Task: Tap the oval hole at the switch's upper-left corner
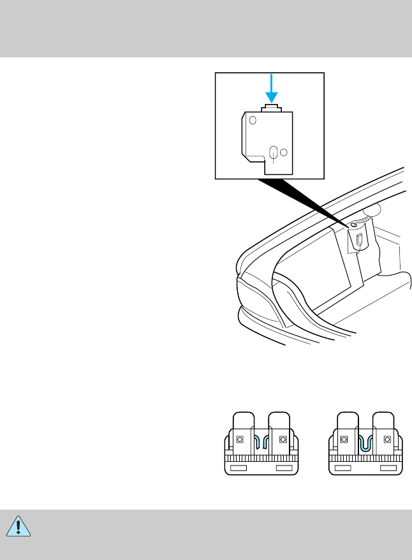coord(253,120)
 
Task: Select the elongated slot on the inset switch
coord(274,153)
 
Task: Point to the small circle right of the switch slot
coord(284,152)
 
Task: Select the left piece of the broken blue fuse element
coord(256,443)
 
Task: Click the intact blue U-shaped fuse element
coord(366,443)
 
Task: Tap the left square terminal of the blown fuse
coord(240,440)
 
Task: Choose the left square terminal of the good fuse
coord(344,440)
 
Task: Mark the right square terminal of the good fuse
coord(387,440)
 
